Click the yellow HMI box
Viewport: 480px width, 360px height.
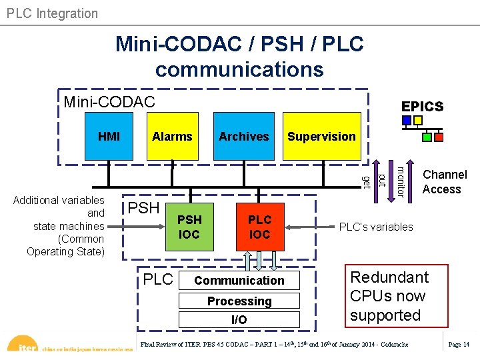(109, 137)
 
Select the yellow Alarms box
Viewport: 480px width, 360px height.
(172, 137)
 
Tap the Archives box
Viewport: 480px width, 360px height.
(243, 137)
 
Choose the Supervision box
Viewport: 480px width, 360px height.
(321, 137)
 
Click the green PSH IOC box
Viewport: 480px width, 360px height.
(189, 227)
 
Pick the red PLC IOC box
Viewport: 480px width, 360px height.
(259, 227)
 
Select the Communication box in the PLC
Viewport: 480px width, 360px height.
(239, 281)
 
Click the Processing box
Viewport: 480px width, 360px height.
(239, 301)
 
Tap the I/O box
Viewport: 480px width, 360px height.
(239, 320)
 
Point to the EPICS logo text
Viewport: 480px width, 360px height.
(422, 107)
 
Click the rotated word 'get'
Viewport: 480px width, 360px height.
(366, 182)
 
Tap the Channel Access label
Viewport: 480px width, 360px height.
(445, 182)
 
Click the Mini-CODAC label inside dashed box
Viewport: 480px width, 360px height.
(109, 102)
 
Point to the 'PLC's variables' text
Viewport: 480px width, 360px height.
(376, 227)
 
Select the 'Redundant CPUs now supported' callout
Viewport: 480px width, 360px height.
(397, 296)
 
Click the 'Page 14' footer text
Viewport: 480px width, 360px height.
(459, 344)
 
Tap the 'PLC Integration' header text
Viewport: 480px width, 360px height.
(52, 13)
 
